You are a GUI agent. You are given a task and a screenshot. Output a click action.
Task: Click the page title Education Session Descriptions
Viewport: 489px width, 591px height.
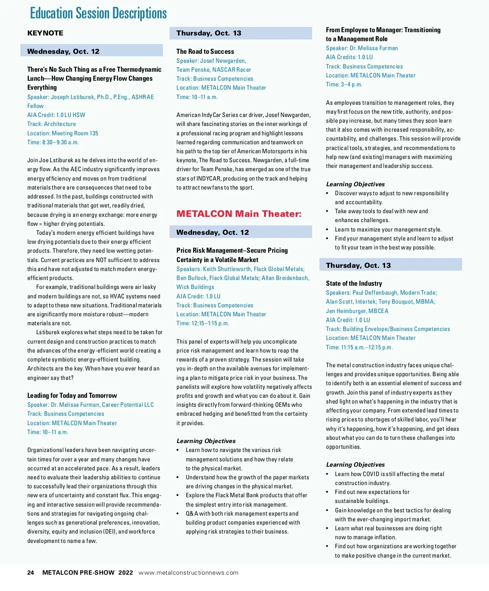point(98,13)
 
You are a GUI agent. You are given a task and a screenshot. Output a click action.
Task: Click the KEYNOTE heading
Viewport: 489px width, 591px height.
point(45,33)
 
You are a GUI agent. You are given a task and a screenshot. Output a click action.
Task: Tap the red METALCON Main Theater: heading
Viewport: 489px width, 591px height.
point(239,214)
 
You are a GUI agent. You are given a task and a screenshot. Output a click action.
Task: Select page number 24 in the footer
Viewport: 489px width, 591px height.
point(31,572)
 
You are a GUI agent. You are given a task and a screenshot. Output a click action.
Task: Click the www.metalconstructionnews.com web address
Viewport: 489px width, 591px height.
point(188,573)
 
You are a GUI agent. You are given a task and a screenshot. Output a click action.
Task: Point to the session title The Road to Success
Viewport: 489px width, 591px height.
point(205,51)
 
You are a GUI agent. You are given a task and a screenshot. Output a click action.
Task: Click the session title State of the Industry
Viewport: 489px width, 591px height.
point(354,283)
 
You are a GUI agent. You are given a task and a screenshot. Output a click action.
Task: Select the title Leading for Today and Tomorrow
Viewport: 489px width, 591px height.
point(72,395)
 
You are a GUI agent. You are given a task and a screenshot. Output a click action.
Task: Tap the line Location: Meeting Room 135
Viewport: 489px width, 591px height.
point(63,133)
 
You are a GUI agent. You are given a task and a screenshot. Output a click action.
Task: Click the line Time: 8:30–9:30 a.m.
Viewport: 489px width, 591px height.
point(53,142)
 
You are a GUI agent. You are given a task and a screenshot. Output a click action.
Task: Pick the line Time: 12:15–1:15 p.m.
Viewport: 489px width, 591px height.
point(203,323)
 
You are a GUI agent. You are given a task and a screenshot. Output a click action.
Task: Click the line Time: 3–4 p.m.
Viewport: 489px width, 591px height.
point(344,84)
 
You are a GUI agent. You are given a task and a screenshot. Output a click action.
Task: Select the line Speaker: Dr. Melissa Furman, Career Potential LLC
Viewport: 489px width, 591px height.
point(90,405)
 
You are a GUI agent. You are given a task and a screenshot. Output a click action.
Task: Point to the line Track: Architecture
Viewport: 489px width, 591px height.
point(51,124)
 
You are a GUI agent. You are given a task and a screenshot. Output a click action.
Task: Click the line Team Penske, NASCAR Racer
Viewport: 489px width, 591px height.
point(214,70)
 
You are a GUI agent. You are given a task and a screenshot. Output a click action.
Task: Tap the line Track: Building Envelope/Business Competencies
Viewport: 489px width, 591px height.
point(388,329)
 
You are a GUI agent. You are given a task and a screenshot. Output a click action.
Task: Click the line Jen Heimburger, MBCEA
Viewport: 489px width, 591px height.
point(357,311)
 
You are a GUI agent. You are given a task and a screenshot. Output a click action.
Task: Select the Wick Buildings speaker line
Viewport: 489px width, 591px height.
point(195,287)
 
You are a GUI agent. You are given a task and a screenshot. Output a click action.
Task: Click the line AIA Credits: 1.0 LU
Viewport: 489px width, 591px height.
point(349,57)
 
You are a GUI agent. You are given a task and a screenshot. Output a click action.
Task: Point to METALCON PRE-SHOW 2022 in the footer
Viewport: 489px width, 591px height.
point(88,572)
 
